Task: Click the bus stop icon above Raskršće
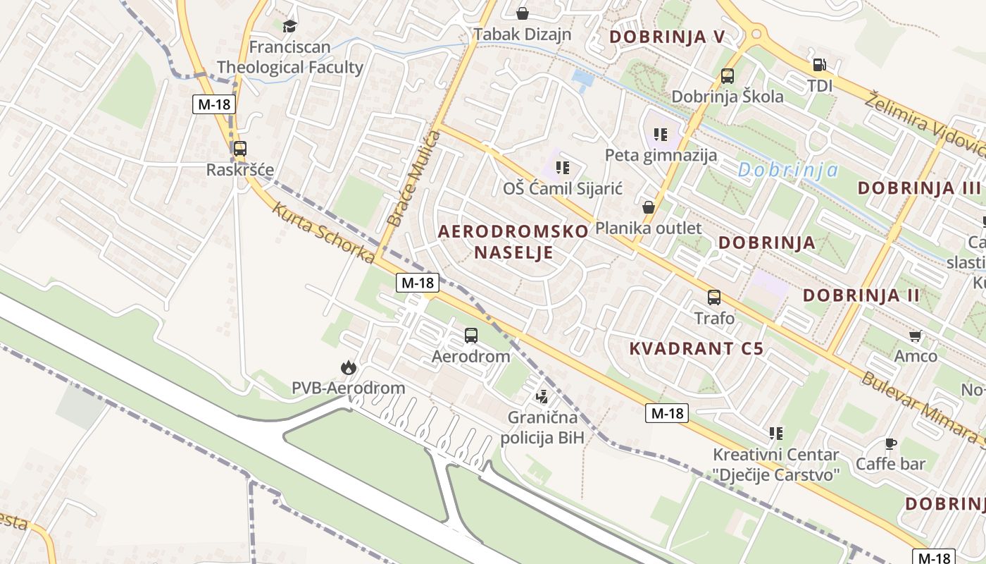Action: tap(240, 149)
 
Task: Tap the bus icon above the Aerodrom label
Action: tap(470, 336)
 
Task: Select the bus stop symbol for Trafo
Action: tap(714, 298)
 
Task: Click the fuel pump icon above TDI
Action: tap(820, 65)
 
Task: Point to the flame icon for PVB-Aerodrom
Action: tap(348, 367)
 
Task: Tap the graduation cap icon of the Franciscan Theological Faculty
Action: tap(289, 27)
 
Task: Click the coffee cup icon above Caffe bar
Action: tap(890, 443)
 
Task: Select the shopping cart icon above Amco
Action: tap(915, 336)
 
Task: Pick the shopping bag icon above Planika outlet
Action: tap(649, 207)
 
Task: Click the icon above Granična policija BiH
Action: tap(542, 397)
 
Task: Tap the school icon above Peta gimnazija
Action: tap(660, 134)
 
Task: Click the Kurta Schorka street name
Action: tap(323, 233)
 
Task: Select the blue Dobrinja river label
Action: tap(788, 170)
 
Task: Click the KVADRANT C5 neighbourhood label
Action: tap(696, 348)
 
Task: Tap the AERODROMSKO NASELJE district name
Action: tap(513, 241)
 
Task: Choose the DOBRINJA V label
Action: tap(666, 37)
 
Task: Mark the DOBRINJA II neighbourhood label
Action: tap(861, 295)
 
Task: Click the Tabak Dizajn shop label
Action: tap(522, 34)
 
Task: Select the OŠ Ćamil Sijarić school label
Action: tap(563, 188)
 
